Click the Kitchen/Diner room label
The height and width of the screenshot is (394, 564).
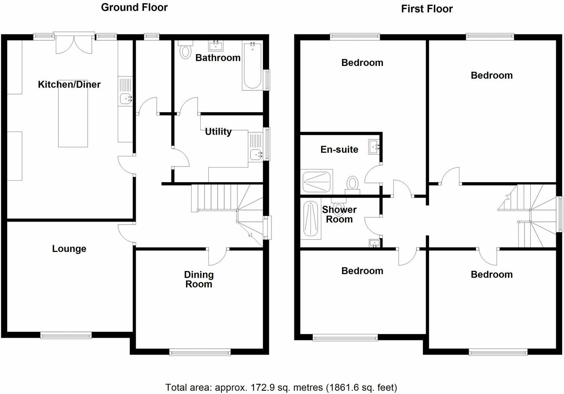69,84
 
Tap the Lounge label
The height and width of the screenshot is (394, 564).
69,249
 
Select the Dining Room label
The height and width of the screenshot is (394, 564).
199,279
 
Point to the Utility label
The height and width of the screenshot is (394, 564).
218,132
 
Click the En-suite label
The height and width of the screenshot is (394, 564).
339,150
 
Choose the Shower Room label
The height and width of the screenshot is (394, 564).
339,214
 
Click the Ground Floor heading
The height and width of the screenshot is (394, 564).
134,7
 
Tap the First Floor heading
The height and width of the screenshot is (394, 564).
427,9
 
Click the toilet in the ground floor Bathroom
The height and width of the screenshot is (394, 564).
185,50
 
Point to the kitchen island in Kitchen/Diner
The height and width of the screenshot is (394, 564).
73,114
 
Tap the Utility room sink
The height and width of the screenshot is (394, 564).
256,154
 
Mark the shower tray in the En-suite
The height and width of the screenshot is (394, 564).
317,182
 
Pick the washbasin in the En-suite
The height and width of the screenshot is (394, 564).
374,147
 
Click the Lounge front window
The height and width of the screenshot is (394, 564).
66,335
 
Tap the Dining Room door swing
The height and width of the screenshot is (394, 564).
218,257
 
